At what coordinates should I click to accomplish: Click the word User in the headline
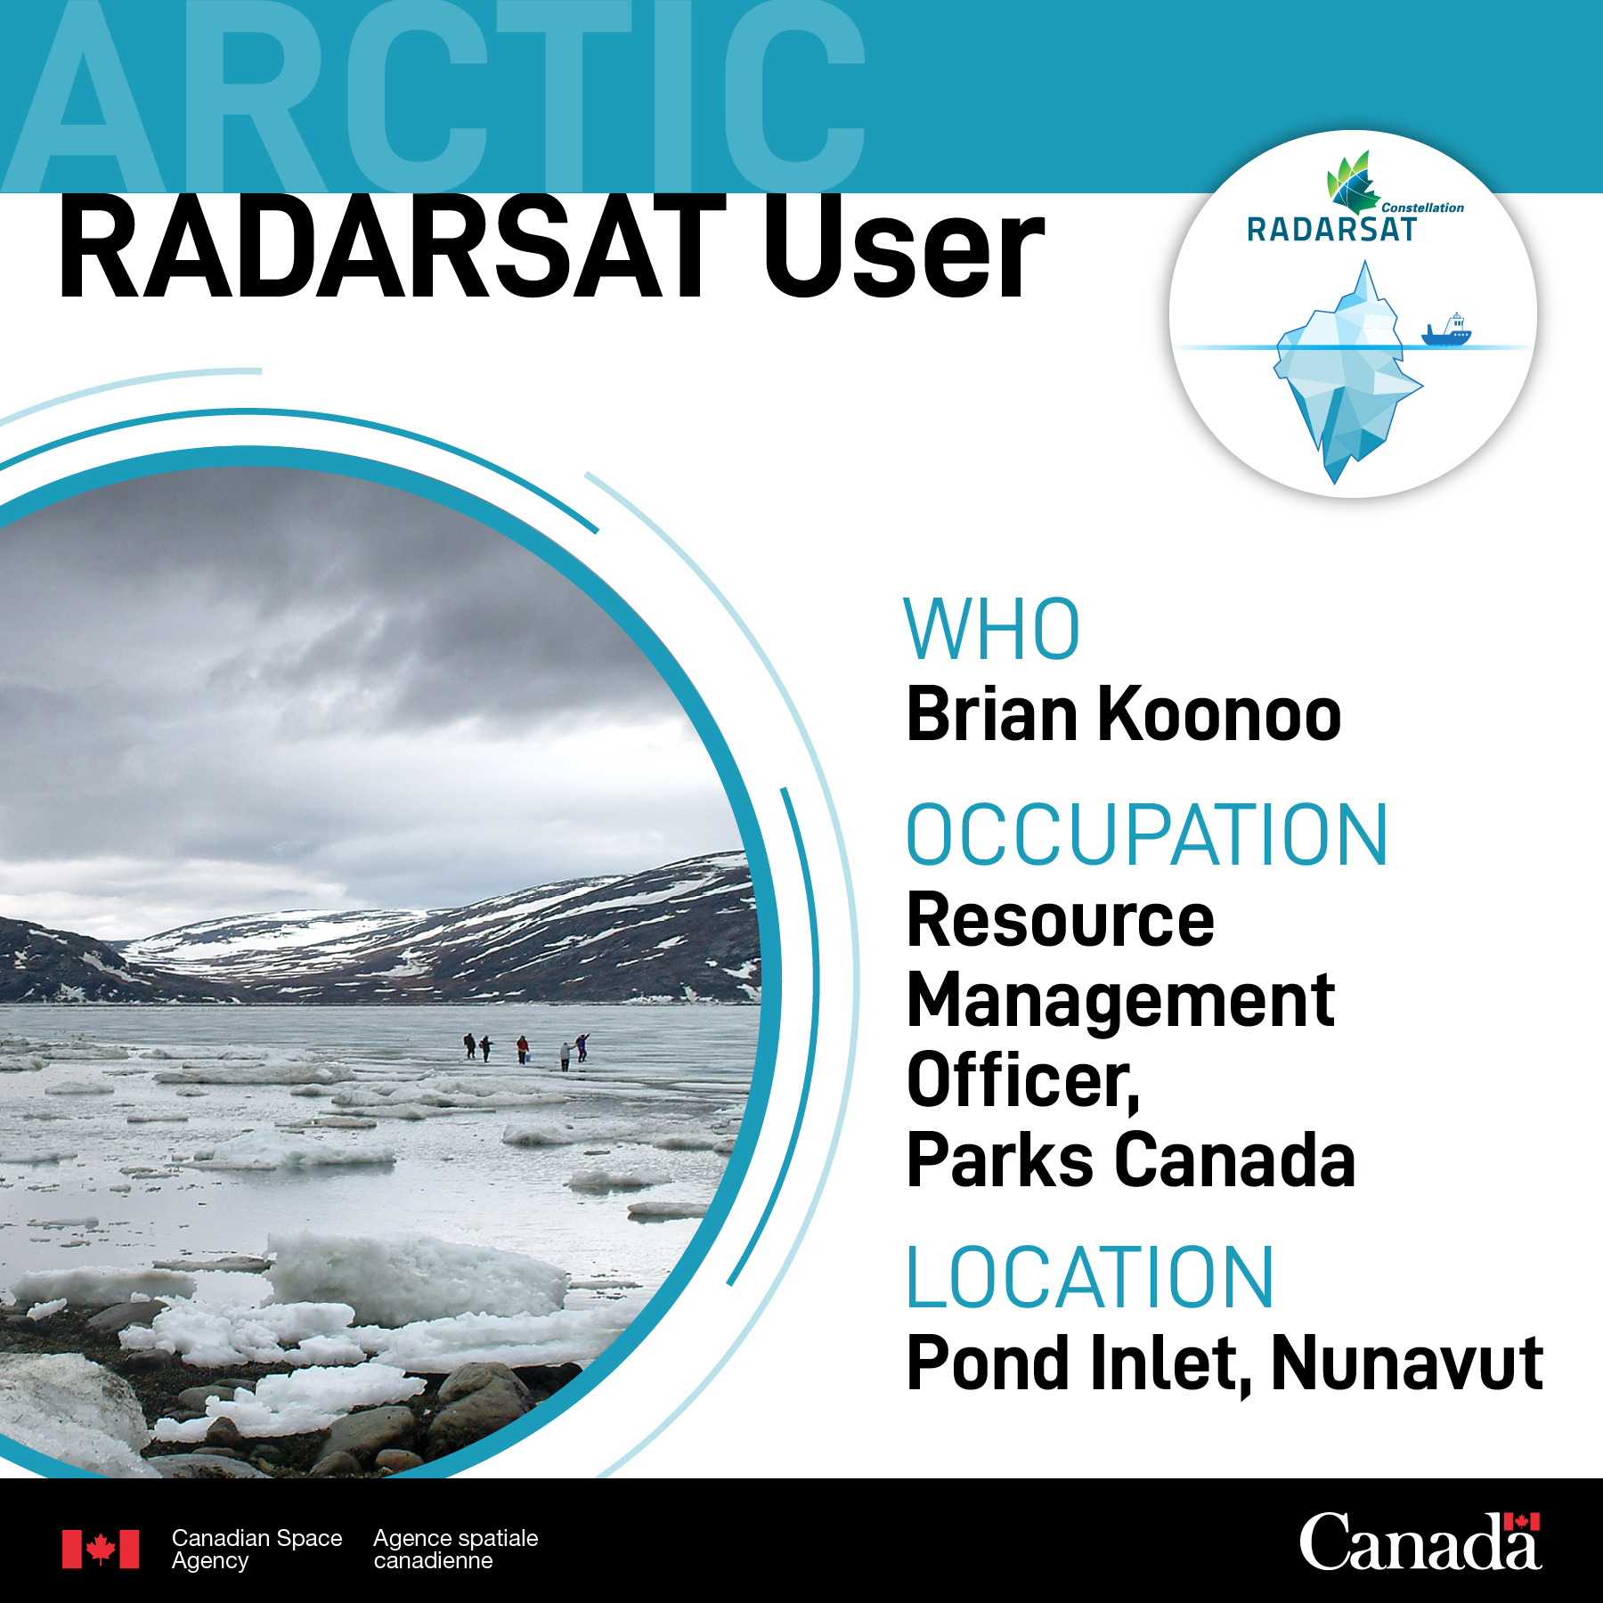click(905, 249)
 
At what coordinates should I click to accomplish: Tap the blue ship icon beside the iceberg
click(1446, 330)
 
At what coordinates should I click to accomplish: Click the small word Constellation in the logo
click(1422, 207)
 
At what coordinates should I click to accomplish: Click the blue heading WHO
click(992, 630)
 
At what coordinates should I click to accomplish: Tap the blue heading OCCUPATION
click(1147, 834)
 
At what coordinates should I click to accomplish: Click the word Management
click(1121, 1000)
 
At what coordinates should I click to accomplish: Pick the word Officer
click(1023, 1080)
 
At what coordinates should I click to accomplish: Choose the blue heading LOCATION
click(1090, 1278)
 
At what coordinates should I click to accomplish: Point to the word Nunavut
click(1407, 1363)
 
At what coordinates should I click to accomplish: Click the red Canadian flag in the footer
click(101, 1550)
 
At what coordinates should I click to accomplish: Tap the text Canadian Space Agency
click(256, 1550)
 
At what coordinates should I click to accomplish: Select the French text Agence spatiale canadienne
click(456, 1550)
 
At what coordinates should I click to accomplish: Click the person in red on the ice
click(523, 1049)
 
